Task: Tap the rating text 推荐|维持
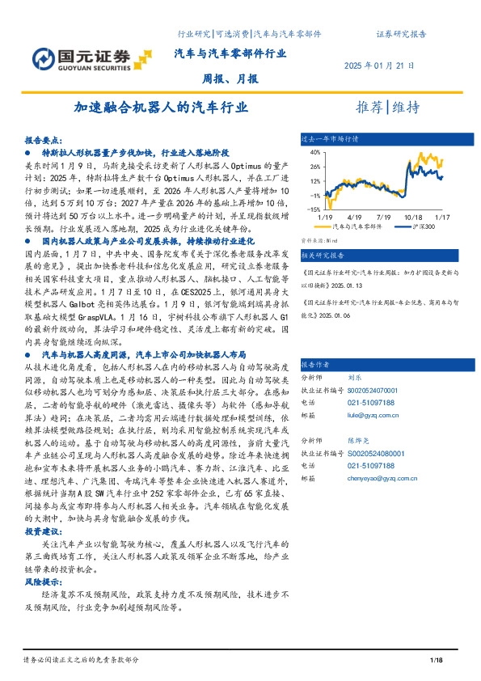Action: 388,108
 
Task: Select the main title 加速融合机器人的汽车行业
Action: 160,108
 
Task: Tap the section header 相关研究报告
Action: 323,254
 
